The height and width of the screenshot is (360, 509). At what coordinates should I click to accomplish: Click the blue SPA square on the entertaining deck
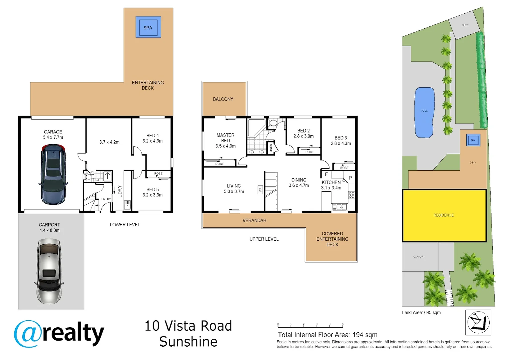click(x=148, y=27)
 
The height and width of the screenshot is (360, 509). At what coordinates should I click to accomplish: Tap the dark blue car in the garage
click(x=53, y=174)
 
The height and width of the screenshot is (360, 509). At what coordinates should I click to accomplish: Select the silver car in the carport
click(x=49, y=271)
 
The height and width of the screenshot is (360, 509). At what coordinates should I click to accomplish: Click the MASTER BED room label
click(x=226, y=138)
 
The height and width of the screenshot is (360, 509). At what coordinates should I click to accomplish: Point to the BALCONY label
click(x=223, y=99)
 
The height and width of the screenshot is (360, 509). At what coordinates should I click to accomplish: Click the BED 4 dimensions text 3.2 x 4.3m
click(x=153, y=141)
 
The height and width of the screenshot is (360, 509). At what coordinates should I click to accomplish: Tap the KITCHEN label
click(x=331, y=182)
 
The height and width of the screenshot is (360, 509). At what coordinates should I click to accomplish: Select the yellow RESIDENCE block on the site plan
click(x=444, y=215)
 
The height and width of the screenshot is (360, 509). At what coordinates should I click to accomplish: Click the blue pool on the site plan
click(x=424, y=112)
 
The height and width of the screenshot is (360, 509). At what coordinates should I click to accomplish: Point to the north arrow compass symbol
click(x=478, y=322)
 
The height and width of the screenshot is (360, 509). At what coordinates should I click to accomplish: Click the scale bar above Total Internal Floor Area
click(x=310, y=325)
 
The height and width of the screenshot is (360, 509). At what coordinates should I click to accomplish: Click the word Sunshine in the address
click(x=188, y=342)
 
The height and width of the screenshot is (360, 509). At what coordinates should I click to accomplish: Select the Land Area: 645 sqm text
click(x=421, y=313)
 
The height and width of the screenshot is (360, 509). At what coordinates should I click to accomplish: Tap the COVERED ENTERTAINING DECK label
click(x=332, y=239)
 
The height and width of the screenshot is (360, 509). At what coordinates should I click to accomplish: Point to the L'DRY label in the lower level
click(x=120, y=191)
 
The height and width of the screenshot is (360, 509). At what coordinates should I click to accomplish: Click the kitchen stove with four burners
click(x=351, y=195)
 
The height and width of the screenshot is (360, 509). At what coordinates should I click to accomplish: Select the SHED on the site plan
click(x=465, y=25)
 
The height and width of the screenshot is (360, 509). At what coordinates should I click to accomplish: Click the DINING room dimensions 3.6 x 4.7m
click(x=298, y=185)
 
